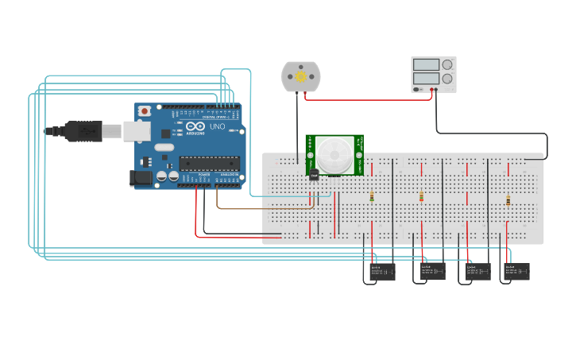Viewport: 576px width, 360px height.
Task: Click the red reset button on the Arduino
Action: pyautogui.click(x=144, y=112)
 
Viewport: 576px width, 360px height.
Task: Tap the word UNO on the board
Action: pyautogui.click(x=217, y=126)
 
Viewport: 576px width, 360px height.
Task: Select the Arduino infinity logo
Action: pyautogui.click(x=196, y=126)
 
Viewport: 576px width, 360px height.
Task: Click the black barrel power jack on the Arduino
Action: pyautogui.click(x=141, y=179)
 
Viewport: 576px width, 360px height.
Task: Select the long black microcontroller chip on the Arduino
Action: pyautogui.click(x=209, y=164)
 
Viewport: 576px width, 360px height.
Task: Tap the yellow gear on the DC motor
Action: pyautogui.click(x=300, y=77)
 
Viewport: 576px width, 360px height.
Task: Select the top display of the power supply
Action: pyautogui.click(x=426, y=65)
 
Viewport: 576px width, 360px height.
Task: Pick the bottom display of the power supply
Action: pyautogui.click(x=426, y=79)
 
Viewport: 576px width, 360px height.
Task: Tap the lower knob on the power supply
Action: pyautogui.click(x=447, y=79)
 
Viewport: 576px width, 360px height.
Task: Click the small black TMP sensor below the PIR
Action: pyautogui.click(x=314, y=174)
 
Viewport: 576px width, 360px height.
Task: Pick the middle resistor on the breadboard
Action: pyautogui.click(x=421, y=197)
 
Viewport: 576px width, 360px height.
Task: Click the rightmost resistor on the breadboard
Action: pyautogui.click(x=508, y=200)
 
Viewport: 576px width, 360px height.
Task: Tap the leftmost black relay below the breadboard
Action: pyautogui.click(x=381, y=273)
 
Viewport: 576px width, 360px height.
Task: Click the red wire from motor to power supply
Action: pyautogui.click(x=365, y=99)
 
